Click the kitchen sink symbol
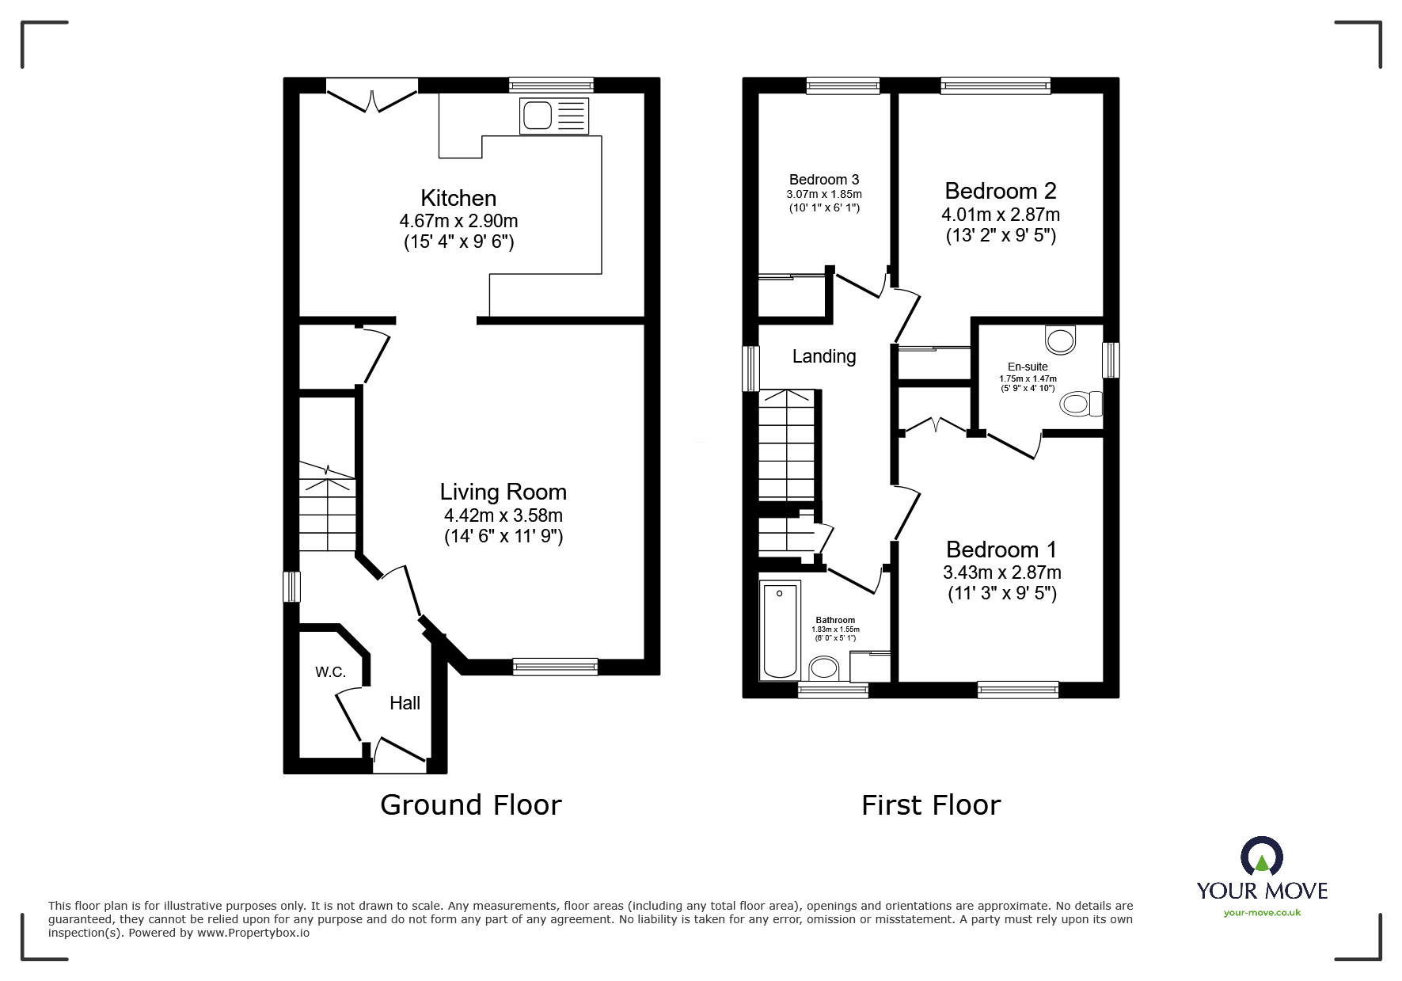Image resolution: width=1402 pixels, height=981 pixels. (553, 116)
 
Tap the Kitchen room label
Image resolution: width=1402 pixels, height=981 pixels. (458, 198)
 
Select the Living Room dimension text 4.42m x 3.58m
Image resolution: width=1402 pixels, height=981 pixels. (503, 515)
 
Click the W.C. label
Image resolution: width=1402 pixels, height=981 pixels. (330, 672)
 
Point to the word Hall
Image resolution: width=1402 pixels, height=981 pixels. (405, 703)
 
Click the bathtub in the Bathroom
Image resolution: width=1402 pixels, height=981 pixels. (780, 630)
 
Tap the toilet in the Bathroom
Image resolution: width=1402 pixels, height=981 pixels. (825, 669)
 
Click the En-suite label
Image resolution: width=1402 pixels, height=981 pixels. (1028, 367)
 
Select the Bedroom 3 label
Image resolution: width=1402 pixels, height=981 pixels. (824, 180)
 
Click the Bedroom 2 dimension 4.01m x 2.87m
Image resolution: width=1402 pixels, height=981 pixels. (1001, 215)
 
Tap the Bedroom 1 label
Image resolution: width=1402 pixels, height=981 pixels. (1001, 549)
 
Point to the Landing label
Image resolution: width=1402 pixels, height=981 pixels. (824, 356)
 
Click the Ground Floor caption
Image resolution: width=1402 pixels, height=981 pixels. (471, 805)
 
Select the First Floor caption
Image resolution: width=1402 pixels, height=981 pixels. (931, 805)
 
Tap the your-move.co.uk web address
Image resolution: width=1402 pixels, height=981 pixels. (1262, 913)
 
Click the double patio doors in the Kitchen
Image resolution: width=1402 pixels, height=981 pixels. (372, 93)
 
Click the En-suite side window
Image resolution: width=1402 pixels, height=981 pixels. (1111, 359)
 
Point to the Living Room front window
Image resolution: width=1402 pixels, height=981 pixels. (555, 667)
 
